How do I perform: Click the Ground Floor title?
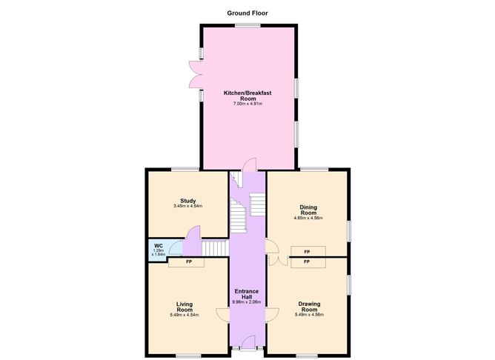(247, 13)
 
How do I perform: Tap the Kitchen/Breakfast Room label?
(248, 96)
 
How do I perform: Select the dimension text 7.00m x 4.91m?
(248, 104)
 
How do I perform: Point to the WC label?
(158, 245)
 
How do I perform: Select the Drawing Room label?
(309, 306)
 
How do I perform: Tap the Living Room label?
(185, 307)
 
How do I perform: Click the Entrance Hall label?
(247, 294)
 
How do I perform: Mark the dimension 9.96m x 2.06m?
(247, 302)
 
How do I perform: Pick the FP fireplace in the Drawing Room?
(307, 262)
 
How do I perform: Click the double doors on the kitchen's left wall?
(194, 74)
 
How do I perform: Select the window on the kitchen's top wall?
(247, 25)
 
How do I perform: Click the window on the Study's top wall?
(187, 170)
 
